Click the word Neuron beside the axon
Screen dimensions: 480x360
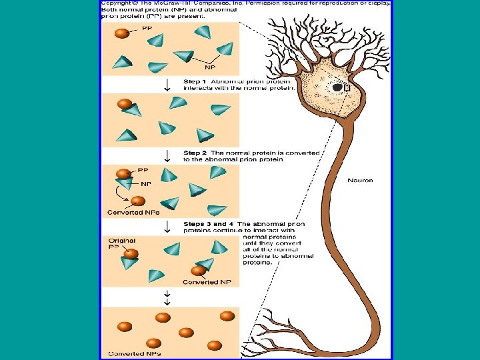coord(361,180)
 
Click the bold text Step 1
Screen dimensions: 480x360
coord(197,81)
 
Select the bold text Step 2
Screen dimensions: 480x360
coord(197,153)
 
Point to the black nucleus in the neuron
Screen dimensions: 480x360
coord(338,87)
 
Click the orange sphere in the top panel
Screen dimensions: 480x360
coord(122,34)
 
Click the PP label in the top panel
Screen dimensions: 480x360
coord(146,27)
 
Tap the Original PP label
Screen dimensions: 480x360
coord(121,244)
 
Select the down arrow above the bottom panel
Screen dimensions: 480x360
coord(169,297)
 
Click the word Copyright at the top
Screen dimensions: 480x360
coord(115,3)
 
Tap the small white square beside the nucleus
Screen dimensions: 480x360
coord(347,86)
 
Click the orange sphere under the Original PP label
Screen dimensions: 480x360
coord(131,254)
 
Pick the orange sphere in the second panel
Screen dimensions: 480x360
coord(125,103)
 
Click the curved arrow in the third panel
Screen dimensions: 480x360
coord(122,194)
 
